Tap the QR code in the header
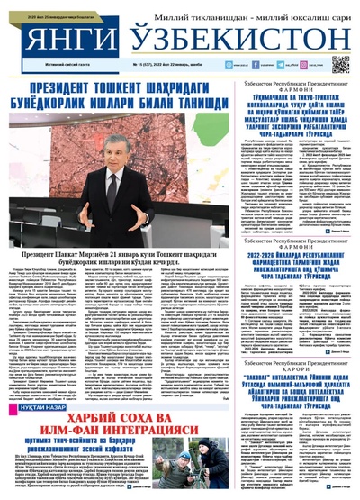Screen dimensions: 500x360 click(339, 64)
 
